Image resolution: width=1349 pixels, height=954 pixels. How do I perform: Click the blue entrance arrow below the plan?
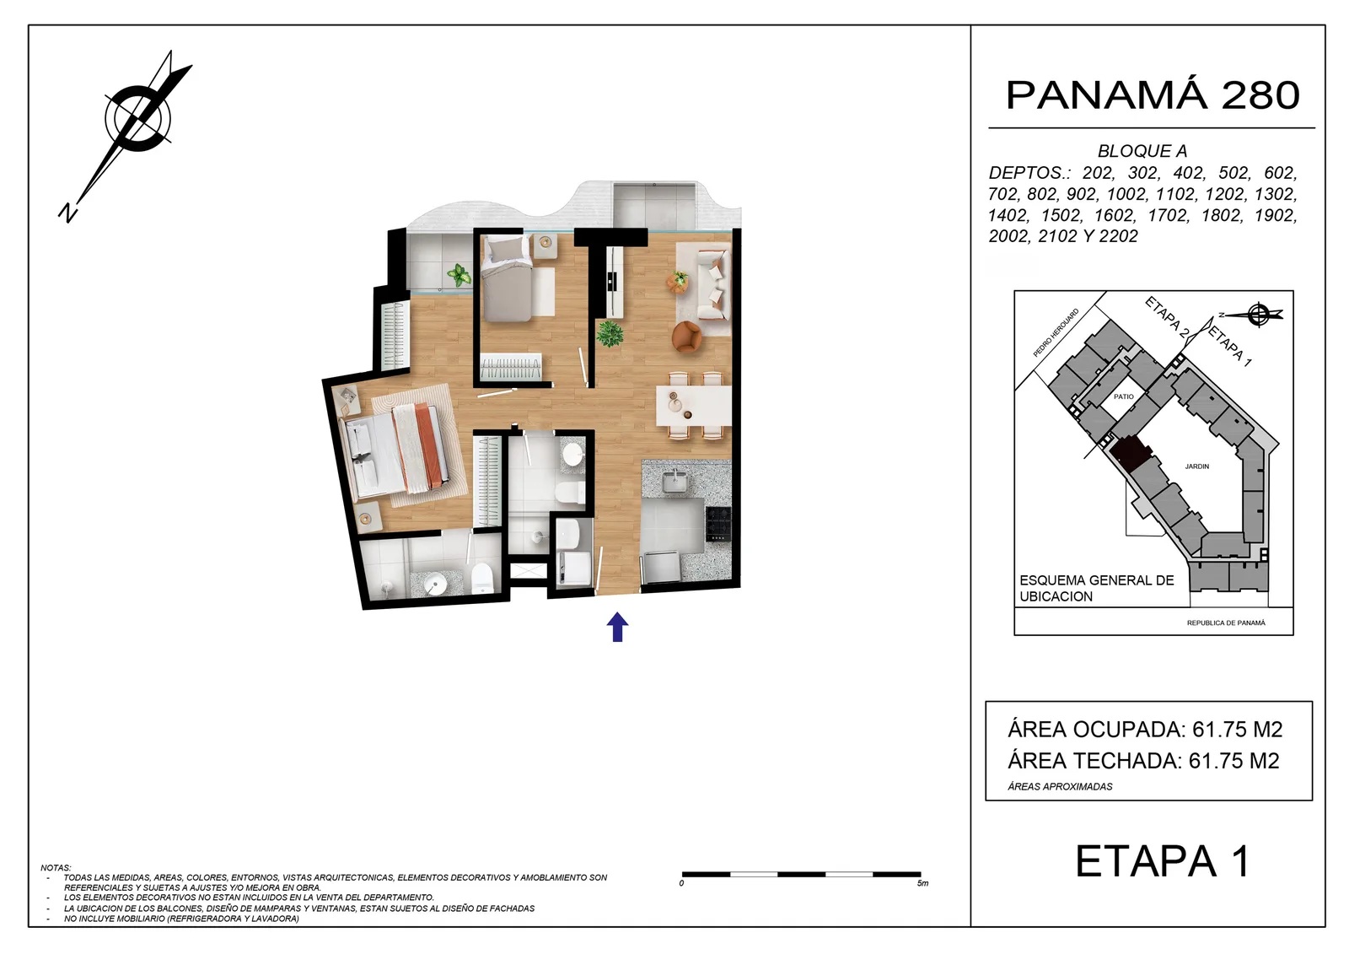point(617,627)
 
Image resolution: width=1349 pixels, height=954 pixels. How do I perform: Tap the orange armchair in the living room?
point(687,337)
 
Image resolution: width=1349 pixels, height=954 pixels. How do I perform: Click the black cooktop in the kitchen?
point(717,523)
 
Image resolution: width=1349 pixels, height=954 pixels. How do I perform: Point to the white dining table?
point(694,406)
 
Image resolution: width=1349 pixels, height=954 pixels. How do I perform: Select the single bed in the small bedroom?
point(507,278)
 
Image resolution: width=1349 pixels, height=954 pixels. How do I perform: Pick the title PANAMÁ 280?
point(1153,95)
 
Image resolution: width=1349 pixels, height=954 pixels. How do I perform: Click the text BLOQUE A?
point(1142,151)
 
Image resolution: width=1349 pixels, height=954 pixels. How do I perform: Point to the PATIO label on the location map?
point(1124,396)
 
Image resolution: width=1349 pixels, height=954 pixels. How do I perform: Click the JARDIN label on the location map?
point(1197,466)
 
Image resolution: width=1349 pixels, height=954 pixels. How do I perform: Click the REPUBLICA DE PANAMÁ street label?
point(1226,623)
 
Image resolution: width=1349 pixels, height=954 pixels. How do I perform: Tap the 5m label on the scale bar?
point(922,883)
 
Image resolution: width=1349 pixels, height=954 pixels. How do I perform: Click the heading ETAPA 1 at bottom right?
point(1163,862)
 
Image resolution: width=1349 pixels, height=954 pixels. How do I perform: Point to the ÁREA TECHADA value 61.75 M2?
point(1234,761)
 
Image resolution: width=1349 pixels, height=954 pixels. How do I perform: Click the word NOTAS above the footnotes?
point(56,868)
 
